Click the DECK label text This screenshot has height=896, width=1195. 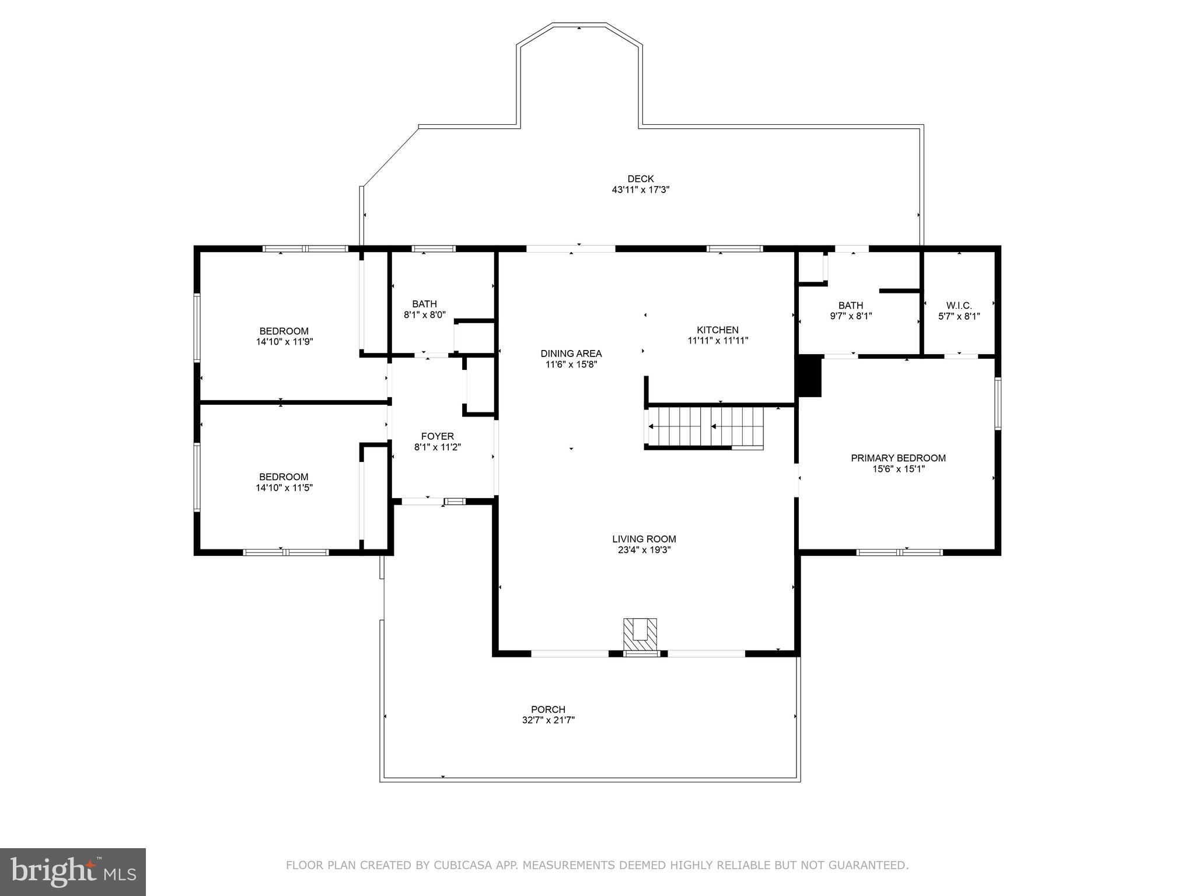pos(640,179)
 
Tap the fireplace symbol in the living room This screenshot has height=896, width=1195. pos(640,635)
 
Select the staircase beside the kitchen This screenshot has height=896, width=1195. pos(705,428)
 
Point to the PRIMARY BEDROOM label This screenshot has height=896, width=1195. pos(898,458)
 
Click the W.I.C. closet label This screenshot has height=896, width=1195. pos(959,306)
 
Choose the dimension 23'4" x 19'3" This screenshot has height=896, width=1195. pos(644,549)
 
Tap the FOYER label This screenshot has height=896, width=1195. pos(437,436)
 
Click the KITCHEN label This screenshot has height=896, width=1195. pos(717,330)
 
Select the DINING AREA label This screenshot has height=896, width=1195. pos(571,353)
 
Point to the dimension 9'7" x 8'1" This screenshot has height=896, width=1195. pos(851,316)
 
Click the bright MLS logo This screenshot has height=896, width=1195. pos(73,872)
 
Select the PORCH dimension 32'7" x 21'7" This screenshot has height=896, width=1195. pos(548,720)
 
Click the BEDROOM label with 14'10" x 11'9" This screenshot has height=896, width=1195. pos(284,331)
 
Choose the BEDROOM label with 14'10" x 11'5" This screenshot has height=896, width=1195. pos(284,477)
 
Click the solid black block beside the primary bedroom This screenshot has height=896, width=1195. pos(809,377)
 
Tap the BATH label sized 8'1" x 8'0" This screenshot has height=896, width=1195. pos(424,304)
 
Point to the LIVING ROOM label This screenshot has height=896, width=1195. pos(644,539)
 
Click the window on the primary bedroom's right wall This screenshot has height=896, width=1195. pos(997,404)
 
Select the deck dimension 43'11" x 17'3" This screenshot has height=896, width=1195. pos(640,190)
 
